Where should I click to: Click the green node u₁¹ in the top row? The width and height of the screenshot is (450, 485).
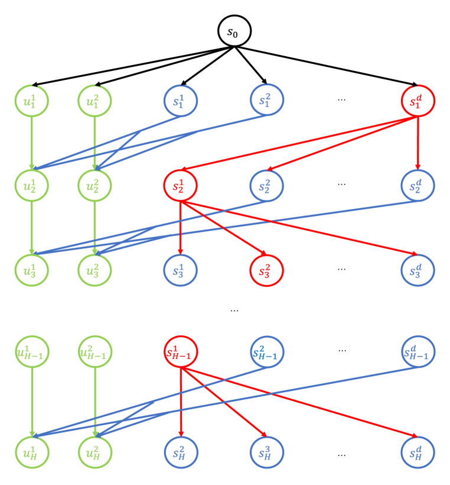pyautogui.click(x=32, y=101)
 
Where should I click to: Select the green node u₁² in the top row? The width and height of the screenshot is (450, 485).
pyautogui.click(x=95, y=101)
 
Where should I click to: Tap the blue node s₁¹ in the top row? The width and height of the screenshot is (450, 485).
pyautogui.click(x=181, y=101)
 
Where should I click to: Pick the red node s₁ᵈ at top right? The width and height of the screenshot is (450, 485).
pyautogui.click(x=418, y=101)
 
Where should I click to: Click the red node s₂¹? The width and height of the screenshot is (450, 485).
pyautogui.click(x=180, y=185)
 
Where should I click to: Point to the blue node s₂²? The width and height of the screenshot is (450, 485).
pyautogui.click(x=267, y=185)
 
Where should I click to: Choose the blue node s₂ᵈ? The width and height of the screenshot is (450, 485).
pyautogui.click(x=418, y=185)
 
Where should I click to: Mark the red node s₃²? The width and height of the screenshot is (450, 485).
pyautogui.click(x=267, y=270)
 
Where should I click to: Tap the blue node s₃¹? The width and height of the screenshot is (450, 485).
pyautogui.click(x=180, y=270)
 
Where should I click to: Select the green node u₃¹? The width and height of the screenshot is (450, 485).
pyautogui.click(x=32, y=270)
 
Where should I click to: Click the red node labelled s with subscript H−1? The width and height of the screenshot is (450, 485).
pyautogui.click(x=180, y=352)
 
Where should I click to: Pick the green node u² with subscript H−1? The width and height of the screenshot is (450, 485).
pyautogui.click(x=95, y=352)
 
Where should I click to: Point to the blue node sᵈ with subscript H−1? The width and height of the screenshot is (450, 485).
pyautogui.click(x=418, y=352)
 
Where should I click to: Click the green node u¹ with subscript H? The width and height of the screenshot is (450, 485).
pyautogui.click(x=32, y=452)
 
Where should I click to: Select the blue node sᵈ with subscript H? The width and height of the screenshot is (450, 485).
pyautogui.click(x=418, y=452)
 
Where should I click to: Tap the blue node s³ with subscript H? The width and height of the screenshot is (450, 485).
pyautogui.click(x=267, y=452)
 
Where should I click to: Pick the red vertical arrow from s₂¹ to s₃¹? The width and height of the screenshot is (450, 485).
pyautogui.click(x=180, y=228)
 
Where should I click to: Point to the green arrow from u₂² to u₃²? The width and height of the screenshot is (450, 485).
pyautogui.click(x=95, y=228)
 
